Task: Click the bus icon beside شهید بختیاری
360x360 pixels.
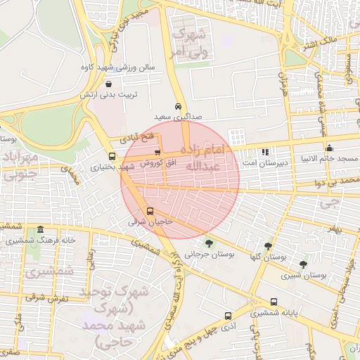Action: (x=112, y=156)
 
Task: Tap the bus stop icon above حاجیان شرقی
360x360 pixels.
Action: (x=149, y=211)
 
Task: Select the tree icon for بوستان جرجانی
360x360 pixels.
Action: (x=209, y=243)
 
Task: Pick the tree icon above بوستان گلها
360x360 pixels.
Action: (x=268, y=246)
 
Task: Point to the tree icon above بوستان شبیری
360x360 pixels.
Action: (x=303, y=264)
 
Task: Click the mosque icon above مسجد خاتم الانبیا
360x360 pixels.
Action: (x=329, y=148)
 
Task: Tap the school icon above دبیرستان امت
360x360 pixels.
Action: (x=265, y=152)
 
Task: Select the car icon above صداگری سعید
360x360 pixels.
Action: (x=178, y=106)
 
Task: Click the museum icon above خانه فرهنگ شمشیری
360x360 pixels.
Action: (x=40, y=230)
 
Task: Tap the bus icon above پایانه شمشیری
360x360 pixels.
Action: (x=274, y=302)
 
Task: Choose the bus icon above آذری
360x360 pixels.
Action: (x=227, y=316)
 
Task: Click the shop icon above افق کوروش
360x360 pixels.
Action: (x=157, y=152)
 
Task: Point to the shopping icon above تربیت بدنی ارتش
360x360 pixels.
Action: (x=108, y=84)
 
